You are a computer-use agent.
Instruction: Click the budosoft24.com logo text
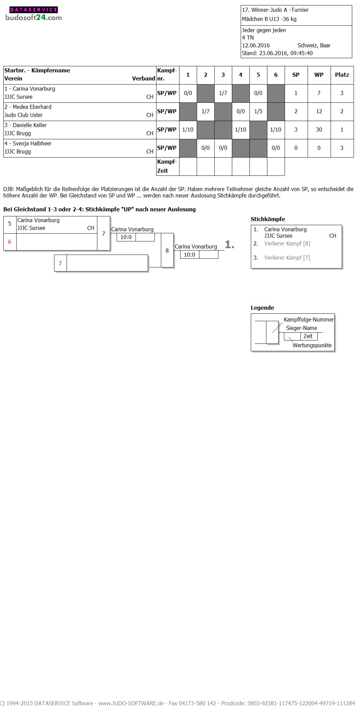tap(33, 18)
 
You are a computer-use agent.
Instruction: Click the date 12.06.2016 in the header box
tap(256, 45)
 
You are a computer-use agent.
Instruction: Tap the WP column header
tap(319, 75)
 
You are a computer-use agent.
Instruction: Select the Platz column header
tap(342, 75)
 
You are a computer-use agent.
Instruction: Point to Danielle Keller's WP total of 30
tap(319, 129)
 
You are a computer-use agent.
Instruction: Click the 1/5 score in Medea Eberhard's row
tap(258, 111)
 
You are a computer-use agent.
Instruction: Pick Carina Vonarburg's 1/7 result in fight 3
tap(223, 93)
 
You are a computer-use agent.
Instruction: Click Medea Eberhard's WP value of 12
tap(319, 111)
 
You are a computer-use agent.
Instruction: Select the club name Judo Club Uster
tap(24, 115)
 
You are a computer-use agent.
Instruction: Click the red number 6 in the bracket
tap(9, 242)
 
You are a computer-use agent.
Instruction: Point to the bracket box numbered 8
tap(167, 251)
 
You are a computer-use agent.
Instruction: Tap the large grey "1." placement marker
tap(230, 244)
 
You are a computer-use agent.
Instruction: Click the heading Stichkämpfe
tap(268, 219)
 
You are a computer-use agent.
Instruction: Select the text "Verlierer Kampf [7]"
tap(287, 258)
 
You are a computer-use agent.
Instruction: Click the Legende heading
tap(262, 308)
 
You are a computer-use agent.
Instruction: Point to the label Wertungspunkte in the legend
tap(312, 345)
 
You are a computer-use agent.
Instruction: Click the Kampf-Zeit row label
tap(167, 166)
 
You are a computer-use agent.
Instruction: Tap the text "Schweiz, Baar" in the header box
tap(314, 45)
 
